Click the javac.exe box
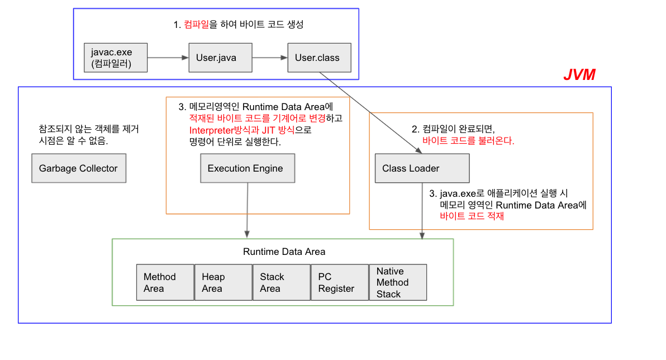click(116, 58)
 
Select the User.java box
click(220, 58)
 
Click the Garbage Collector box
click(79, 168)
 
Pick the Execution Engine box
click(247, 168)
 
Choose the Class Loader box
click(421, 168)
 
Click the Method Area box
click(165, 283)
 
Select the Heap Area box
click(222, 283)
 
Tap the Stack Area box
click(280, 283)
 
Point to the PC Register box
click(339, 283)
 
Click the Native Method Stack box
click(397, 283)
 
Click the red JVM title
click(579, 75)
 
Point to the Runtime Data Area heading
click(284, 252)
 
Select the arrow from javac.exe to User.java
click(168, 58)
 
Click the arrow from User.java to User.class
click(270, 58)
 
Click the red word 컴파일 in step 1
click(196, 25)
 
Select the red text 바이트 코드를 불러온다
click(468, 141)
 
